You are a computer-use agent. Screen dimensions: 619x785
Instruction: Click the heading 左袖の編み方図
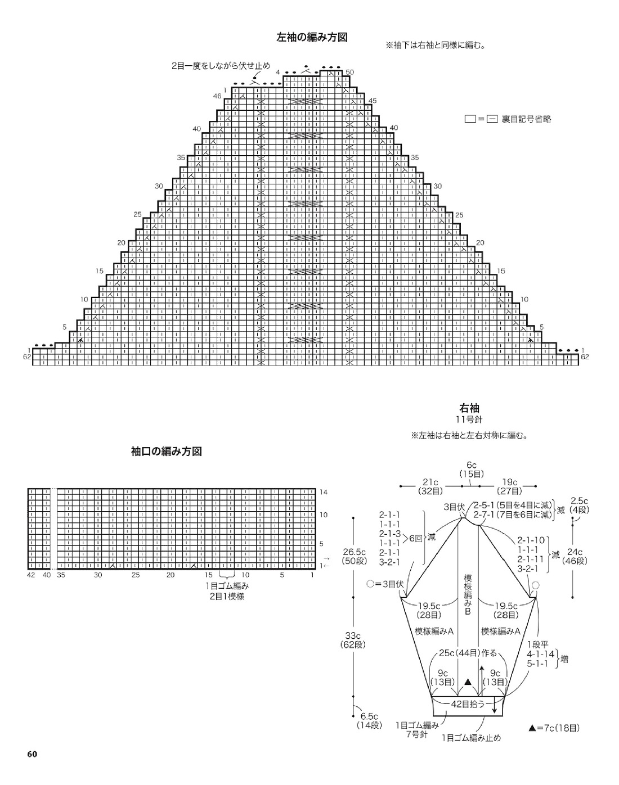tap(312, 38)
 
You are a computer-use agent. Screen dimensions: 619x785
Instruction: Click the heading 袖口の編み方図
tap(167, 452)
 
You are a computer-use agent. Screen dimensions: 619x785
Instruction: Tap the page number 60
tap(32, 755)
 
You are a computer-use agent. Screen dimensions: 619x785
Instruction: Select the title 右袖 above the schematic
tap(469, 408)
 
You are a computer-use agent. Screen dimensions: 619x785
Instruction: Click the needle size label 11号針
tap(469, 420)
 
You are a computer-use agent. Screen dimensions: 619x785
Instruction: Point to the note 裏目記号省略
tap(526, 119)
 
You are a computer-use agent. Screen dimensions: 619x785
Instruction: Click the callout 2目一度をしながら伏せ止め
tap(221, 66)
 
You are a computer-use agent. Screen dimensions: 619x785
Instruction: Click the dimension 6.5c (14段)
tap(369, 721)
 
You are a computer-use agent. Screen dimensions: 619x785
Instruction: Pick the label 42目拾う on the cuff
tap(468, 703)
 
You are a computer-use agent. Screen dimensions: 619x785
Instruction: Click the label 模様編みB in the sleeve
tap(468, 594)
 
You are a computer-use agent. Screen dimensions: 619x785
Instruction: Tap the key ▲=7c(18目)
tap(554, 728)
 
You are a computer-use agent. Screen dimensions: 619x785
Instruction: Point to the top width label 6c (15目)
tap(472, 470)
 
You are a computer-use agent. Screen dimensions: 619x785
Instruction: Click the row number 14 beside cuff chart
tap(324, 492)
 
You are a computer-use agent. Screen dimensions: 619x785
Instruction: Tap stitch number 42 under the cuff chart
tap(32, 575)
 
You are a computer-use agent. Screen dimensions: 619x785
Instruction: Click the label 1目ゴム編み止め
tap(471, 738)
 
